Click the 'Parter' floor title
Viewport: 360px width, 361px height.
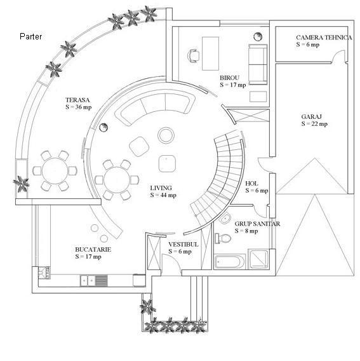pyautogui.click(x=31, y=36)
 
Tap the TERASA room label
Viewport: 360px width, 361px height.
pyautogui.click(x=77, y=100)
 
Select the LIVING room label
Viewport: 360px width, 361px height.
pyautogui.click(x=161, y=188)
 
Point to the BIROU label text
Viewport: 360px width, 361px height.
pyautogui.click(x=229, y=78)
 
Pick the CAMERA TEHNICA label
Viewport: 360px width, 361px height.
pyautogui.click(x=324, y=37)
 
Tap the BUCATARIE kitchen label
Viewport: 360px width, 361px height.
pyautogui.click(x=93, y=249)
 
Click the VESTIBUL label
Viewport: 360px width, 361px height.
pyautogui.click(x=183, y=244)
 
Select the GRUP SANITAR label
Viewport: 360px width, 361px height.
pyautogui.click(x=257, y=224)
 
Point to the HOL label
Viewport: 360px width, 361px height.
pyautogui.click(x=251, y=184)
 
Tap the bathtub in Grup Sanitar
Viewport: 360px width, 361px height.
pyautogui.click(x=229, y=262)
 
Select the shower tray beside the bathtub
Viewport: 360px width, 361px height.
pyautogui.click(x=259, y=259)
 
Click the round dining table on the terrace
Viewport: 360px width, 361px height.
pyautogui.click(x=55, y=171)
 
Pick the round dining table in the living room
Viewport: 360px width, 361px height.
pyautogui.click(x=117, y=180)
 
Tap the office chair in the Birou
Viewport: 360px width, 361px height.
pyautogui.click(x=193, y=56)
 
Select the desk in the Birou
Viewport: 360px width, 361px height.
pyautogui.click(x=210, y=53)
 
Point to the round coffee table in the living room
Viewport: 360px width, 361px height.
pyautogui.click(x=166, y=135)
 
